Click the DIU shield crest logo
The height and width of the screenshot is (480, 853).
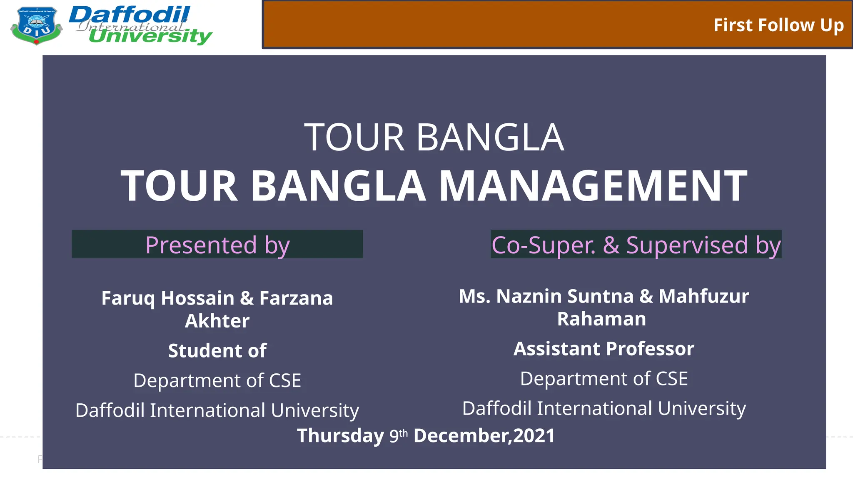pos(36,25)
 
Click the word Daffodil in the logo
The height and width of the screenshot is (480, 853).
pos(129,15)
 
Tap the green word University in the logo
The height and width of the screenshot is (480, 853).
pos(150,36)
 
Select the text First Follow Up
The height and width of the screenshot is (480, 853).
pos(778,25)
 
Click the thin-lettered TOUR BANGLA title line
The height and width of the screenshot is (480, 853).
pos(434,137)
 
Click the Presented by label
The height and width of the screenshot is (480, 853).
pos(217,245)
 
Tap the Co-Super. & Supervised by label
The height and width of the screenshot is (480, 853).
pos(636,245)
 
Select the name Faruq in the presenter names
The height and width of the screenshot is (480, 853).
pos(128,298)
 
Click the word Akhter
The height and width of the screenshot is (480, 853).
pos(217,321)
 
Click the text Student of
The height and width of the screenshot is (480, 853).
pos(217,350)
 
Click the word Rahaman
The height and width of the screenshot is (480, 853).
pos(601,319)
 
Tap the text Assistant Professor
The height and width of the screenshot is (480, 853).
pos(604,348)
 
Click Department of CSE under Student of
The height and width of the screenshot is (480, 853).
pos(217,380)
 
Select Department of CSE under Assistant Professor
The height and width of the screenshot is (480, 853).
pos(604,378)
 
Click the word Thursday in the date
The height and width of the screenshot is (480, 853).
pos(340,436)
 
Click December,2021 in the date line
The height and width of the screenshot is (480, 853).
pos(484,436)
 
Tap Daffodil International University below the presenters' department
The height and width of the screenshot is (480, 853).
pos(217,410)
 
